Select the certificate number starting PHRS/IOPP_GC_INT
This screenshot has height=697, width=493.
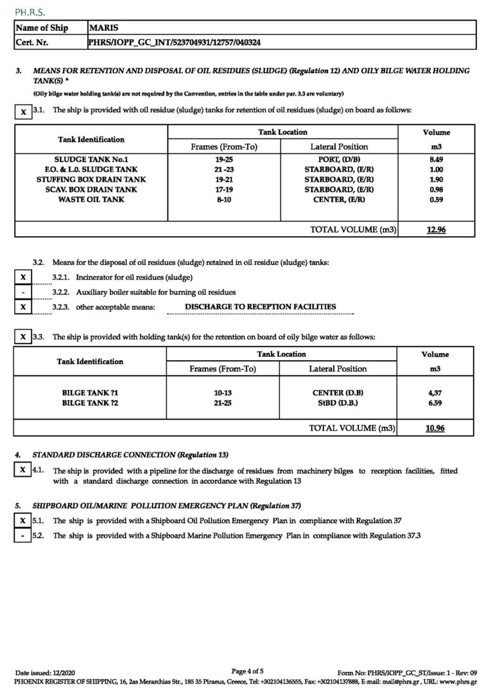click(174, 42)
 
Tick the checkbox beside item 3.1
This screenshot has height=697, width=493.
click(23, 112)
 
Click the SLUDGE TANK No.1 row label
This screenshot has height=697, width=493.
click(91, 159)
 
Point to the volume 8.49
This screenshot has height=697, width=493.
click(437, 159)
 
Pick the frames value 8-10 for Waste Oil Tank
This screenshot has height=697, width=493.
click(224, 200)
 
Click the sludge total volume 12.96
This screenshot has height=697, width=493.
click(437, 229)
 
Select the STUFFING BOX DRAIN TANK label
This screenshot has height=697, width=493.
click(91, 180)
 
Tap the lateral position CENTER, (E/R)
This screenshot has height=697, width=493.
click(339, 200)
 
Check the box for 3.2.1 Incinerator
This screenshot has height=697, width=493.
click(23, 277)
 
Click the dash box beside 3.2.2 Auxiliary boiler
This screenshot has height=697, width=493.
click(23, 292)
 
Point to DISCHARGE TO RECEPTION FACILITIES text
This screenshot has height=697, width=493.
click(260, 307)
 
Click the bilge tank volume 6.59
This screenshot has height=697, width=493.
click(436, 402)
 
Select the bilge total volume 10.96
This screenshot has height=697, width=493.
click(436, 428)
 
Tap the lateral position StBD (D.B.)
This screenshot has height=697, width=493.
click(338, 402)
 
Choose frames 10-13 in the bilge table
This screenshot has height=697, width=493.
click(223, 392)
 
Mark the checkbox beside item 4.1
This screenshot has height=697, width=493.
click(23, 470)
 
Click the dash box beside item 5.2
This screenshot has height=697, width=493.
click(23, 535)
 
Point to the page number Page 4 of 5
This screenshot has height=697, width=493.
click(247, 671)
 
